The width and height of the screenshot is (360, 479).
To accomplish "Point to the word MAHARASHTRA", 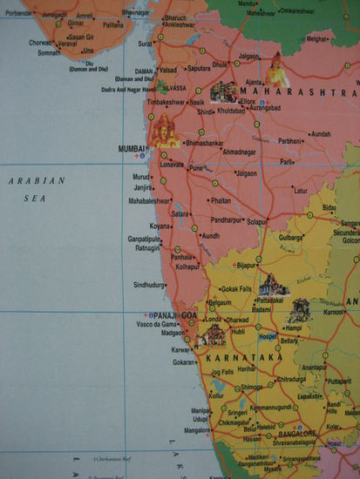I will click(x=297, y=92).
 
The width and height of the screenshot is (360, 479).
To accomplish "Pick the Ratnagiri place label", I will click(x=145, y=248).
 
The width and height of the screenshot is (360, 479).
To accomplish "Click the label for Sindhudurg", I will click(x=149, y=285).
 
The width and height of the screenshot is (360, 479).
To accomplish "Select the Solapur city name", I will click(x=256, y=221).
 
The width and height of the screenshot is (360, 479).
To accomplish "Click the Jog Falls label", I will click(x=222, y=372).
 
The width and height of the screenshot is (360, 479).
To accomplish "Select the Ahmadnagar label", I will click(x=241, y=152).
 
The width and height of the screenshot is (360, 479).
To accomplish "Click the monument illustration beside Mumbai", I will click(x=163, y=133).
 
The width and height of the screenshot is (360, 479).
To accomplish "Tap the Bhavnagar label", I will click(x=134, y=13).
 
